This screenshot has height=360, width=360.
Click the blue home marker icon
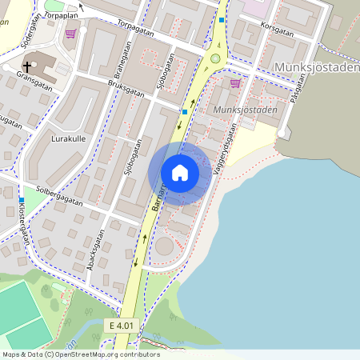(180, 173)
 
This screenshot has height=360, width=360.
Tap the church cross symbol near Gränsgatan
(27, 66)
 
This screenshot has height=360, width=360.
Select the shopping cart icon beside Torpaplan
(71, 34)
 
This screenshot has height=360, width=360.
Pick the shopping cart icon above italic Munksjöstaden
(235, 82)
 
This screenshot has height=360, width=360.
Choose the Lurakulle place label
(46, 138)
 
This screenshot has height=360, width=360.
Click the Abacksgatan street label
(98, 247)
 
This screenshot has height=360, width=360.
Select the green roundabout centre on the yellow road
(214, 58)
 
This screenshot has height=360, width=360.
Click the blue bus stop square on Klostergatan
(21, 199)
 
